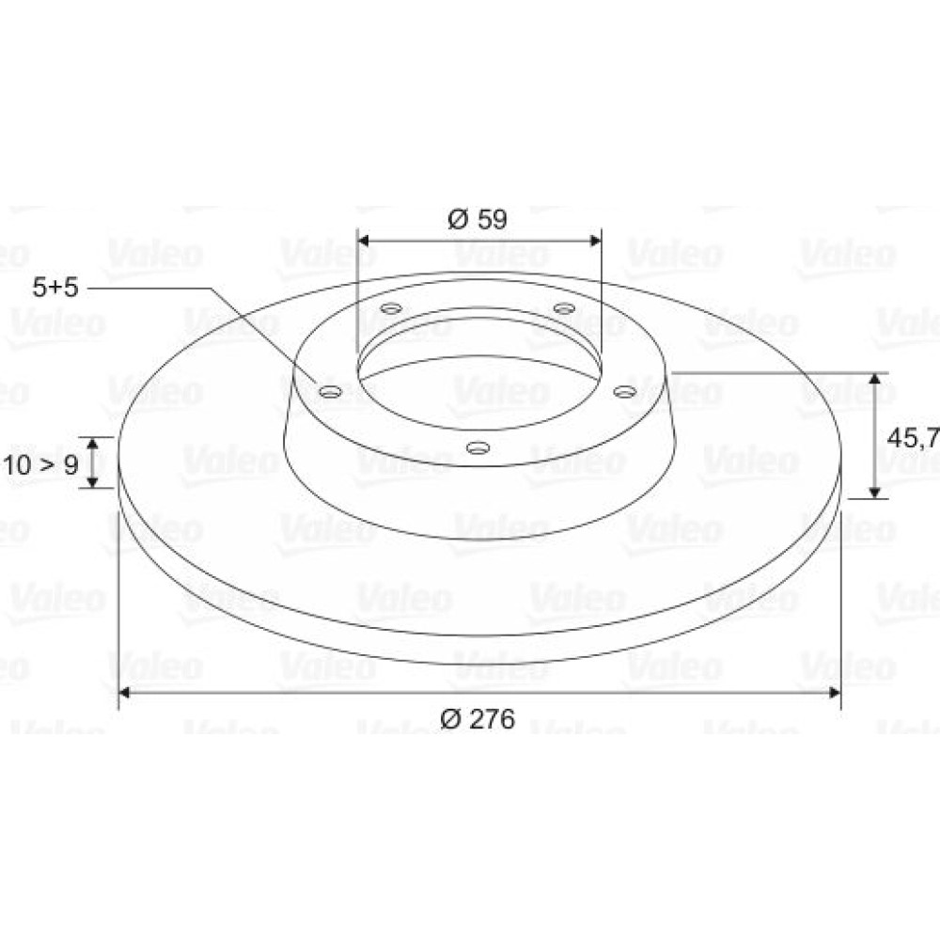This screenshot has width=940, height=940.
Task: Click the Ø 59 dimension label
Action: tap(478, 219)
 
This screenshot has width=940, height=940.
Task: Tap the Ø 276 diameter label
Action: tap(478, 719)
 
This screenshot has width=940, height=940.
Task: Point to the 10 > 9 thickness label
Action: tap(40, 464)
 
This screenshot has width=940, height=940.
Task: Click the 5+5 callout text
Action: tap(55, 288)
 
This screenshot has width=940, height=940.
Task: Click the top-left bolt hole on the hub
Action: tap(391, 309)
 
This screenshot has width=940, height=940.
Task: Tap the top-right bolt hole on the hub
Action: tap(564, 308)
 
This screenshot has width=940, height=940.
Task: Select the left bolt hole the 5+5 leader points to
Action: tap(330, 392)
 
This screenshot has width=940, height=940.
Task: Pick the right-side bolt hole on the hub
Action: tap(625, 391)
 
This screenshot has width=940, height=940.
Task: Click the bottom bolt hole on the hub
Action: tap(478, 447)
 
